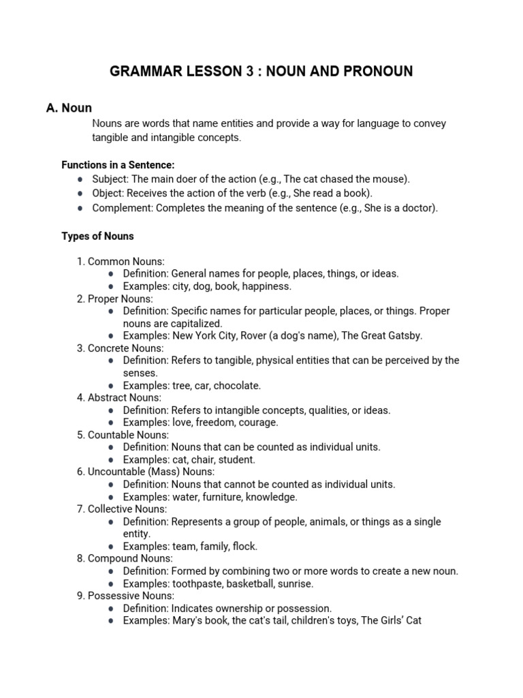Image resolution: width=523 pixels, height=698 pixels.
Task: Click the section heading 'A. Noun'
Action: (x=77, y=108)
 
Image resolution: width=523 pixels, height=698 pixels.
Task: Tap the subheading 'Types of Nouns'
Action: (x=98, y=237)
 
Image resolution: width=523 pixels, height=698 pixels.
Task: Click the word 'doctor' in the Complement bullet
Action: (x=418, y=208)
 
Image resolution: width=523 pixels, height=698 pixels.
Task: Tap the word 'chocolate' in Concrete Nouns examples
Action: (x=236, y=385)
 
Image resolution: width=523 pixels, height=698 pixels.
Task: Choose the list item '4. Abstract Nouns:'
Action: (x=119, y=397)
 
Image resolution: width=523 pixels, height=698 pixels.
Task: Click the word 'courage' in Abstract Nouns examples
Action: (x=258, y=423)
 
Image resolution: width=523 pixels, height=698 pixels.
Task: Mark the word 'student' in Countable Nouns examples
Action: (x=236, y=459)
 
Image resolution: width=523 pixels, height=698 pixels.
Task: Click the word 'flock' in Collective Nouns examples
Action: (x=244, y=546)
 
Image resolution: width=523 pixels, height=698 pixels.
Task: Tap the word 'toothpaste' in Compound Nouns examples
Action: (x=196, y=583)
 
